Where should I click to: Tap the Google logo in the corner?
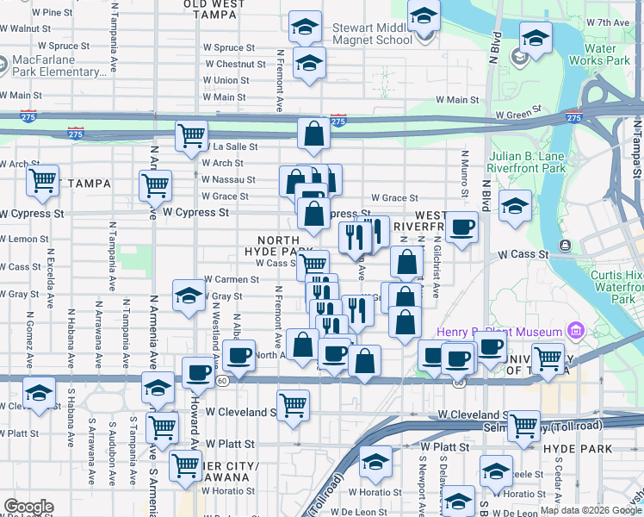click(x=28, y=507)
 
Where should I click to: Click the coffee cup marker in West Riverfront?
click(x=462, y=227)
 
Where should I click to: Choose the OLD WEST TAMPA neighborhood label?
click(x=214, y=9)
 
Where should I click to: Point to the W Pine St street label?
click(x=52, y=13)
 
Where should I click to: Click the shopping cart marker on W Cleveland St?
click(x=294, y=402)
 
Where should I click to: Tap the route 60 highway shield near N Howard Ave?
click(x=222, y=379)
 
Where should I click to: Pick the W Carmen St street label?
click(x=232, y=280)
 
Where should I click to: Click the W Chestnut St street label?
click(x=230, y=65)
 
